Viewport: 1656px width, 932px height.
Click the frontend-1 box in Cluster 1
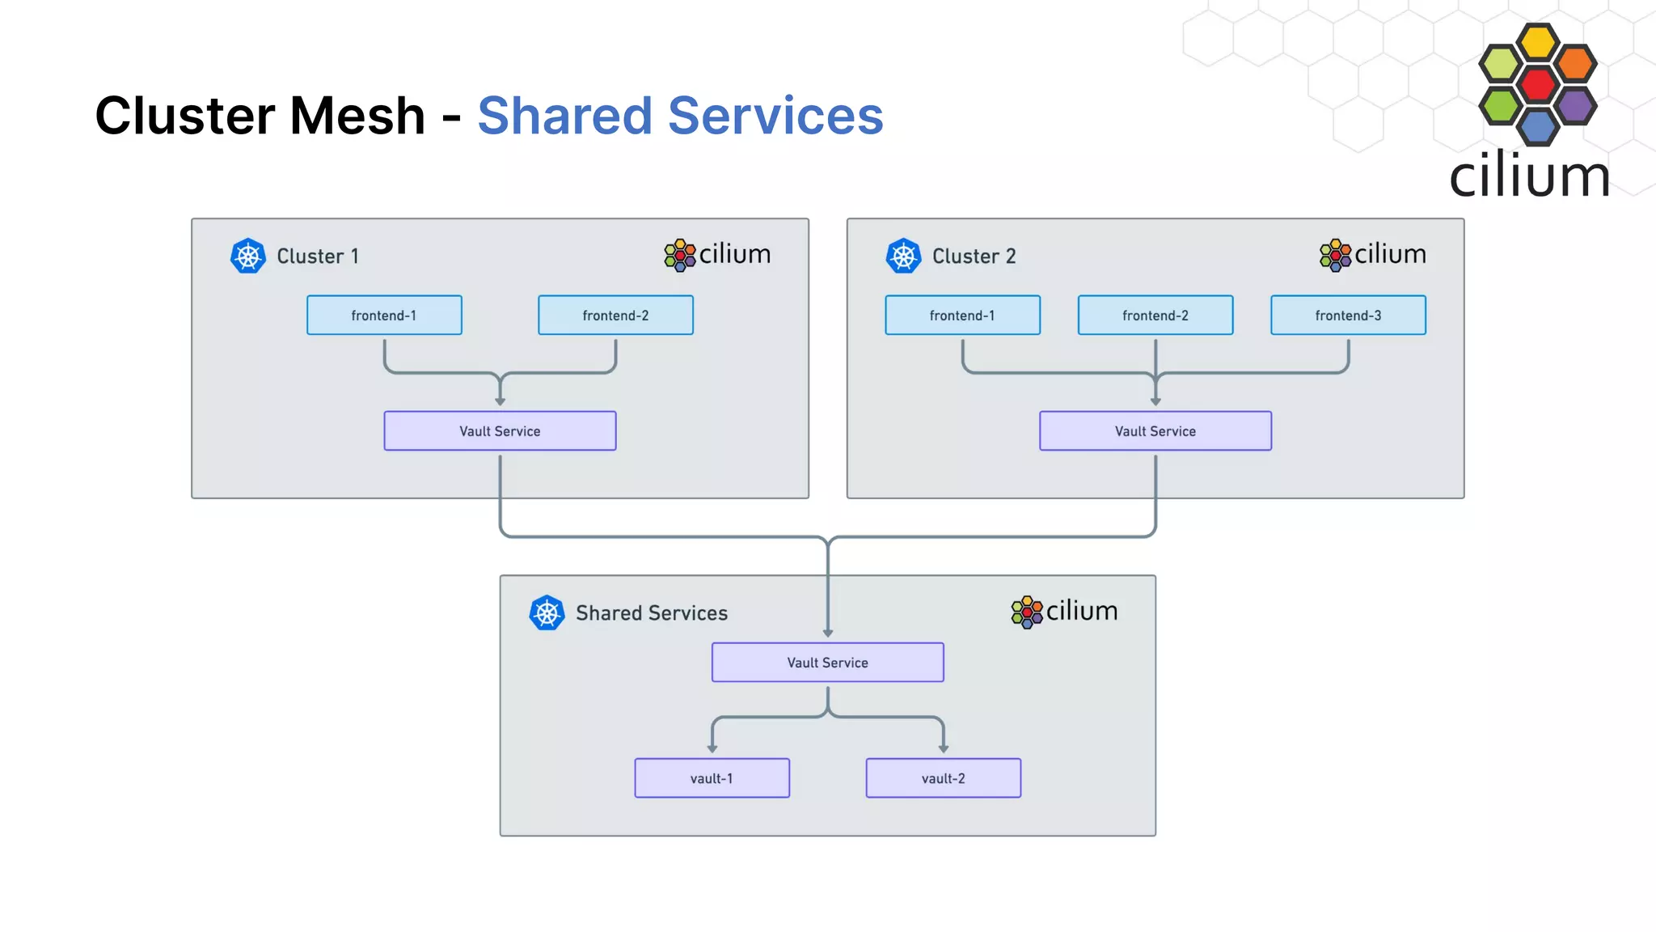(x=384, y=315)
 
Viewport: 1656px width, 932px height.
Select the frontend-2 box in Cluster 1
(x=615, y=315)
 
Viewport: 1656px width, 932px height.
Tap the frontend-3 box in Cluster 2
(x=1348, y=315)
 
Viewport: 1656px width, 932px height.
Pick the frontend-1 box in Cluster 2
(x=962, y=315)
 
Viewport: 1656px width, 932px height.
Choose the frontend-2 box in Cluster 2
(x=1155, y=315)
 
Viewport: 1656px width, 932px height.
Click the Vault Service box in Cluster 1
(x=500, y=430)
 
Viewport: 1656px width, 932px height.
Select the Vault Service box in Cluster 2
(x=1155, y=430)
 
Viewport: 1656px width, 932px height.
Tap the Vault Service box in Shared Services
(x=827, y=662)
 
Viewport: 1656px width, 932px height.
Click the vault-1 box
(x=712, y=777)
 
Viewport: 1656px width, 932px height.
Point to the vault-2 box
(x=943, y=777)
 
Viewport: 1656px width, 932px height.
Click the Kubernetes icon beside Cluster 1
(x=248, y=256)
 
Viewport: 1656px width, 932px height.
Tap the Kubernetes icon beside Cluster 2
(x=903, y=256)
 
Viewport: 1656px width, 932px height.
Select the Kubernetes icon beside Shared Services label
(x=547, y=613)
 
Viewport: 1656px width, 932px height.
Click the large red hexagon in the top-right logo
(x=1537, y=83)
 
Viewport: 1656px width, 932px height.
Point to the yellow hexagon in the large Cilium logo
(x=1537, y=42)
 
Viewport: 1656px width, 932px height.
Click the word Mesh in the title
(x=357, y=116)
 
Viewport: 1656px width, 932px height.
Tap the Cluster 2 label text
(x=974, y=256)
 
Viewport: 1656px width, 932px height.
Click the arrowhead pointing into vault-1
(x=712, y=748)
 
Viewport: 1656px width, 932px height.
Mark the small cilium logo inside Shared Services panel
(x=1064, y=612)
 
